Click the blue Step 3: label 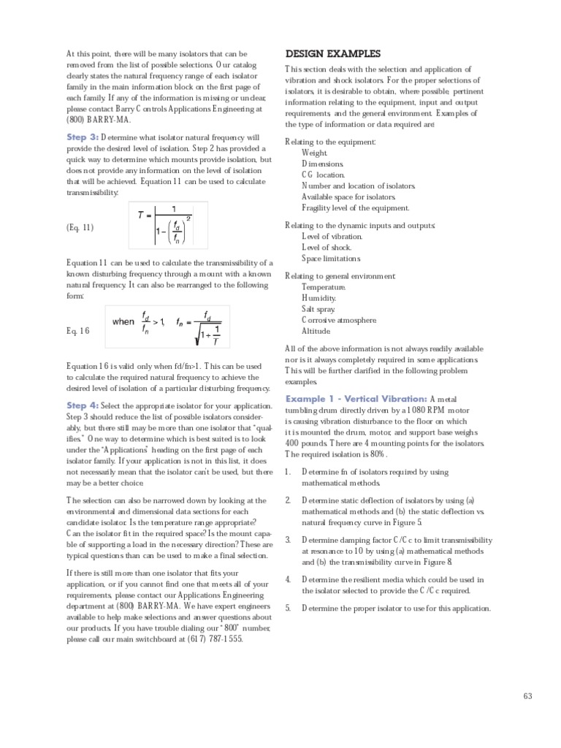[x=83, y=137]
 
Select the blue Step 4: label [x=83, y=405]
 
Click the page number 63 [x=528, y=695]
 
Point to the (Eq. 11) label [x=80, y=227]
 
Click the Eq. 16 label [x=78, y=330]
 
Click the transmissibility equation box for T [x=168, y=225]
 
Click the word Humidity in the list [x=319, y=298]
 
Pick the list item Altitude [x=317, y=331]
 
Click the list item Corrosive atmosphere [x=339, y=320]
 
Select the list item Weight [x=315, y=153]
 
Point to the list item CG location [x=323, y=175]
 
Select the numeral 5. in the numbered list [x=289, y=608]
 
